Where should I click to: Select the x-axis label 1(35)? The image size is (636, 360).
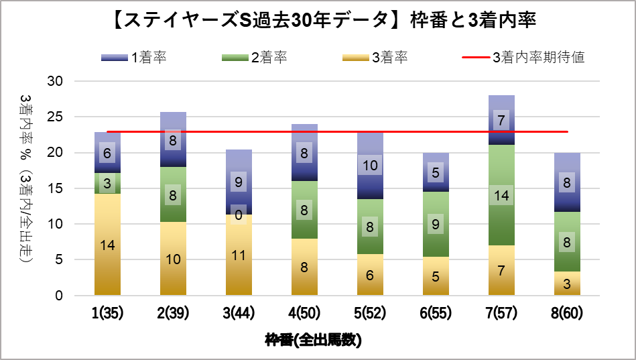[107, 312]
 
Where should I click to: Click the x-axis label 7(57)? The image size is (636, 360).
[501, 312]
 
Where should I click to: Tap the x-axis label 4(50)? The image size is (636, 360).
[304, 312]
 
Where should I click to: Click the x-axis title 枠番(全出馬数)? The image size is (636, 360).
[313, 341]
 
